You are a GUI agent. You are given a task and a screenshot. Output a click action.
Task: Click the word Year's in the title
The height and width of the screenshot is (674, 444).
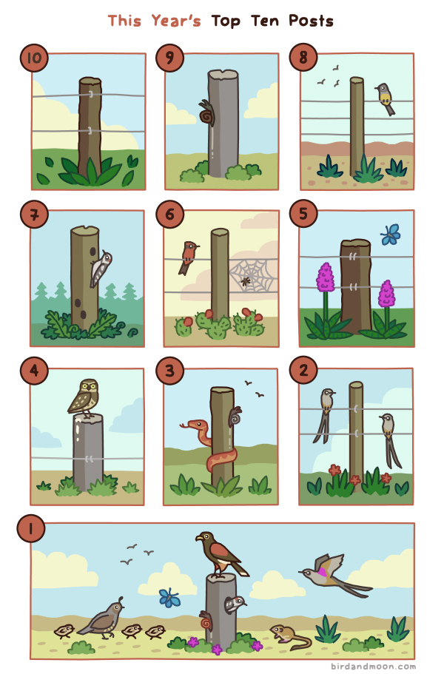[x=176, y=21]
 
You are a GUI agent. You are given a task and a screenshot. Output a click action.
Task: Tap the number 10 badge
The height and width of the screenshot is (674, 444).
[x=34, y=58]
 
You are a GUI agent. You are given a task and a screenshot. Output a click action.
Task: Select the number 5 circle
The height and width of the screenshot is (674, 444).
[x=303, y=214]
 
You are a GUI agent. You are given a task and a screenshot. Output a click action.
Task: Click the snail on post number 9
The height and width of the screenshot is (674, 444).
[x=206, y=113]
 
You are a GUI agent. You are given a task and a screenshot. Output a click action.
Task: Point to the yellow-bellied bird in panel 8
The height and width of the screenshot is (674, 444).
[x=385, y=98]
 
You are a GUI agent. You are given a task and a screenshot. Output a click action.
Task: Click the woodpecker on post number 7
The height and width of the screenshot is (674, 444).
[x=101, y=268]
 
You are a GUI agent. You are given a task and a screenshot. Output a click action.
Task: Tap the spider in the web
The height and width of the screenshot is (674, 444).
[x=246, y=282]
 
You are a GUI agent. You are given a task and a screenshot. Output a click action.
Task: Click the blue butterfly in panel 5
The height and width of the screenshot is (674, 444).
[x=390, y=235]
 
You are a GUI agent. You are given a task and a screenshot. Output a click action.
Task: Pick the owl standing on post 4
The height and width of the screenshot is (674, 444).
[x=84, y=397]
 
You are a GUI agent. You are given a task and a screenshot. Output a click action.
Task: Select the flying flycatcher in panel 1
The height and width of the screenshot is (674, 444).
[x=334, y=574]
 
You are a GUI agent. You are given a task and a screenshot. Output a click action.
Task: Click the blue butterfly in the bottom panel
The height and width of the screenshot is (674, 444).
[x=169, y=598]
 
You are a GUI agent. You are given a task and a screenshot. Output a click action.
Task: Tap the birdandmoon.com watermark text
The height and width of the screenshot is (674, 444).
[x=373, y=667]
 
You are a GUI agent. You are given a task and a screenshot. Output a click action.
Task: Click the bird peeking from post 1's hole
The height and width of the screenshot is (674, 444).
[x=235, y=604]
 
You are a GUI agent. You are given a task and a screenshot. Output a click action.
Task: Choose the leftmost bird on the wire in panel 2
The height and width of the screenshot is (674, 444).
[x=325, y=415]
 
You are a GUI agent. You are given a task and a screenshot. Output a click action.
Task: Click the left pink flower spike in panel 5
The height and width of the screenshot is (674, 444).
[x=326, y=277]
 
